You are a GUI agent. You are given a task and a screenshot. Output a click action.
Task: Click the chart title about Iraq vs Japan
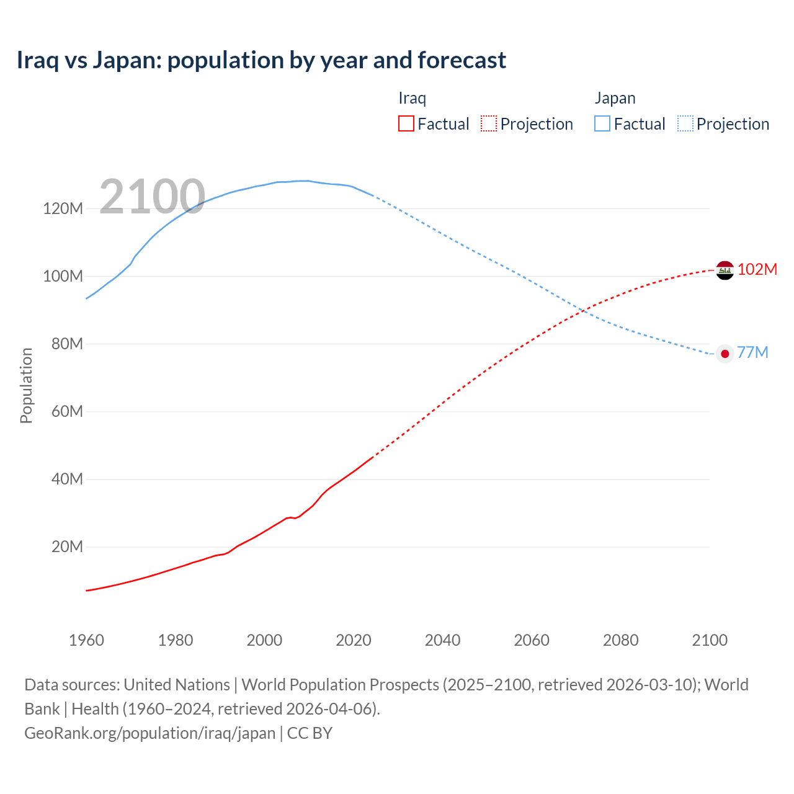coord(261,60)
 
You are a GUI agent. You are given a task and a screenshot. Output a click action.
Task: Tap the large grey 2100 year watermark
coord(152,197)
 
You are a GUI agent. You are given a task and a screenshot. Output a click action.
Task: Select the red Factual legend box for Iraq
coord(406,123)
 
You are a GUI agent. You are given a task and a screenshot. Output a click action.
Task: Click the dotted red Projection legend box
coord(489,123)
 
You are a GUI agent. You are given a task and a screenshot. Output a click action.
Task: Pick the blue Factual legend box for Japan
coord(602,123)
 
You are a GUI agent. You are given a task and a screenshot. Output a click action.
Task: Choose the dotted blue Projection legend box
coord(685,123)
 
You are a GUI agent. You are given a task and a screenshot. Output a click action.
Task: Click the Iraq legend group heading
coord(412,98)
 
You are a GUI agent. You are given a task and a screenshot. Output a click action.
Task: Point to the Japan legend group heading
coord(615,98)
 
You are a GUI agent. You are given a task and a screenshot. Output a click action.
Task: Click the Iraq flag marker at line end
coord(725,270)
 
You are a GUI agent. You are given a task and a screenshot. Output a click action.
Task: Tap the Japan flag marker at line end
coord(725,354)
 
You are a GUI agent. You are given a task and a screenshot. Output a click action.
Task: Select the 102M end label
coord(757,269)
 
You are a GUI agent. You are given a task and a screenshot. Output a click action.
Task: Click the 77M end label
coord(752,352)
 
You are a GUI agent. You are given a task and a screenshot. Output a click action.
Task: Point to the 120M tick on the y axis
coord(63,208)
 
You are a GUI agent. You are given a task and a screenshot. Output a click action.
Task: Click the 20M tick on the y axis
coord(67,546)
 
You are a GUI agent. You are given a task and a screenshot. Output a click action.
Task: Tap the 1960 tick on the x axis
coord(86,640)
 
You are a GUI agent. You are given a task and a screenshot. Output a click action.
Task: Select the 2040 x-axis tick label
coord(442,640)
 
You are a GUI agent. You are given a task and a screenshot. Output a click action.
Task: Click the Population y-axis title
coord(26,385)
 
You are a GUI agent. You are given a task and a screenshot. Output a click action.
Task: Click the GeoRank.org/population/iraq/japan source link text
coord(149,733)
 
